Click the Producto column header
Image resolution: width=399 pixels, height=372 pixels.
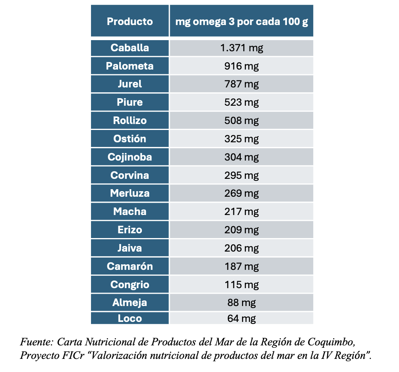click(130, 21)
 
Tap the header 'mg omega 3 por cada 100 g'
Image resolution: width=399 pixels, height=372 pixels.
click(241, 21)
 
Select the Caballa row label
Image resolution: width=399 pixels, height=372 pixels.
click(130, 48)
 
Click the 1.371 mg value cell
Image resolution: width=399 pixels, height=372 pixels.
click(241, 48)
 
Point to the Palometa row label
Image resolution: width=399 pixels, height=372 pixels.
click(130, 66)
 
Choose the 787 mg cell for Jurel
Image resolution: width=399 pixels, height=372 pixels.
click(241, 84)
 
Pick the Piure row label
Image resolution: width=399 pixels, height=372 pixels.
click(130, 102)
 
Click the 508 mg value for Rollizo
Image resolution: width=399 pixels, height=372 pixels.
click(241, 120)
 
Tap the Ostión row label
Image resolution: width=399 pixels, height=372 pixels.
click(130, 139)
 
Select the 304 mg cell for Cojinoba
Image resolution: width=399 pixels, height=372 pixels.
click(241, 157)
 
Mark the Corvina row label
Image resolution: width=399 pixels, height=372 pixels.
click(130, 175)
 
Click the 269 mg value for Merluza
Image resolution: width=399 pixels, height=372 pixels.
click(241, 194)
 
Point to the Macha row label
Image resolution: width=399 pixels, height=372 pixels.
click(130, 211)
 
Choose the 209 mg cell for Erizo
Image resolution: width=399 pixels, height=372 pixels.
click(241, 230)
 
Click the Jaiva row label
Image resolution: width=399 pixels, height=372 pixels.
click(130, 248)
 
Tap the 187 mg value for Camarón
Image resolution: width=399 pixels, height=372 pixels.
click(241, 266)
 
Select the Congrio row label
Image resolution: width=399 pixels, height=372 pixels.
click(130, 285)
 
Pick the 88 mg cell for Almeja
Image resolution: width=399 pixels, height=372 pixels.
click(241, 302)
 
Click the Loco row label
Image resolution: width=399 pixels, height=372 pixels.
click(130, 318)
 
